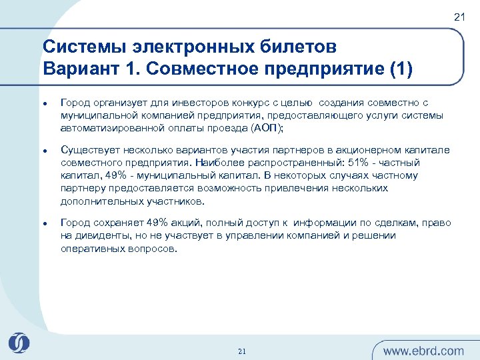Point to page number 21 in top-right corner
(459, 17)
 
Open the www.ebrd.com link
(423, 351)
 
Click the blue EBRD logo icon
(19, 343)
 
